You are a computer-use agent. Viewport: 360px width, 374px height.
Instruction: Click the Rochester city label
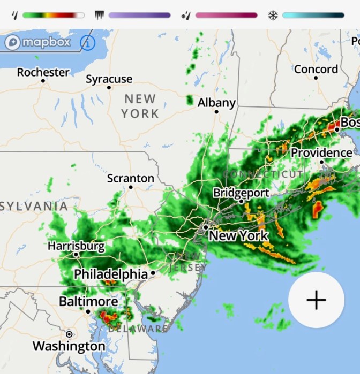point(43,72)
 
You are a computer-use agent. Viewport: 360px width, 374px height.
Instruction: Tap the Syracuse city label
point(109,79)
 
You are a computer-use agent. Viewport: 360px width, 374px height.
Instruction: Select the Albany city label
point(216,103)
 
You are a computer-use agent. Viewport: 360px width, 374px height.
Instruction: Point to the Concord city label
point(316,69)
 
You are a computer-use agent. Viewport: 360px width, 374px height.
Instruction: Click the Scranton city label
point(130,178)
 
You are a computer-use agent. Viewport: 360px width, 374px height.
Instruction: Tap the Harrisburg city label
point(76,246)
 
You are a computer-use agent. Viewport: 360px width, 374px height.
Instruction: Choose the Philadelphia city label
point(110,274)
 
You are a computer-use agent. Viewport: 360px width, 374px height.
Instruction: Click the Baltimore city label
point(88,301)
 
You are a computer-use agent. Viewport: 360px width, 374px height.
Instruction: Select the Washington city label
point(69,346)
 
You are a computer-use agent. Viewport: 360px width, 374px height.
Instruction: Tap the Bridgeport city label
point(241,193)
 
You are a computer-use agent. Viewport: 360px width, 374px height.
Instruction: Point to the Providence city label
point(321,153)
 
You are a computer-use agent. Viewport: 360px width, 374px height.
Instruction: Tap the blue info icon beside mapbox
point(87,42)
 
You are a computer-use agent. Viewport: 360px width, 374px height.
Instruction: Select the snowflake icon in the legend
point(273,15)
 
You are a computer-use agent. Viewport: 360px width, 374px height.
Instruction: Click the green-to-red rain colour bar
point(53,15)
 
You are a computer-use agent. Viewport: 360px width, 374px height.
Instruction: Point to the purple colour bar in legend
point(139,15)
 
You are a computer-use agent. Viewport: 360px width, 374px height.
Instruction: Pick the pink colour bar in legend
point(226,15)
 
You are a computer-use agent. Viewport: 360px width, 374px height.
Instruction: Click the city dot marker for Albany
point(216,112)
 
